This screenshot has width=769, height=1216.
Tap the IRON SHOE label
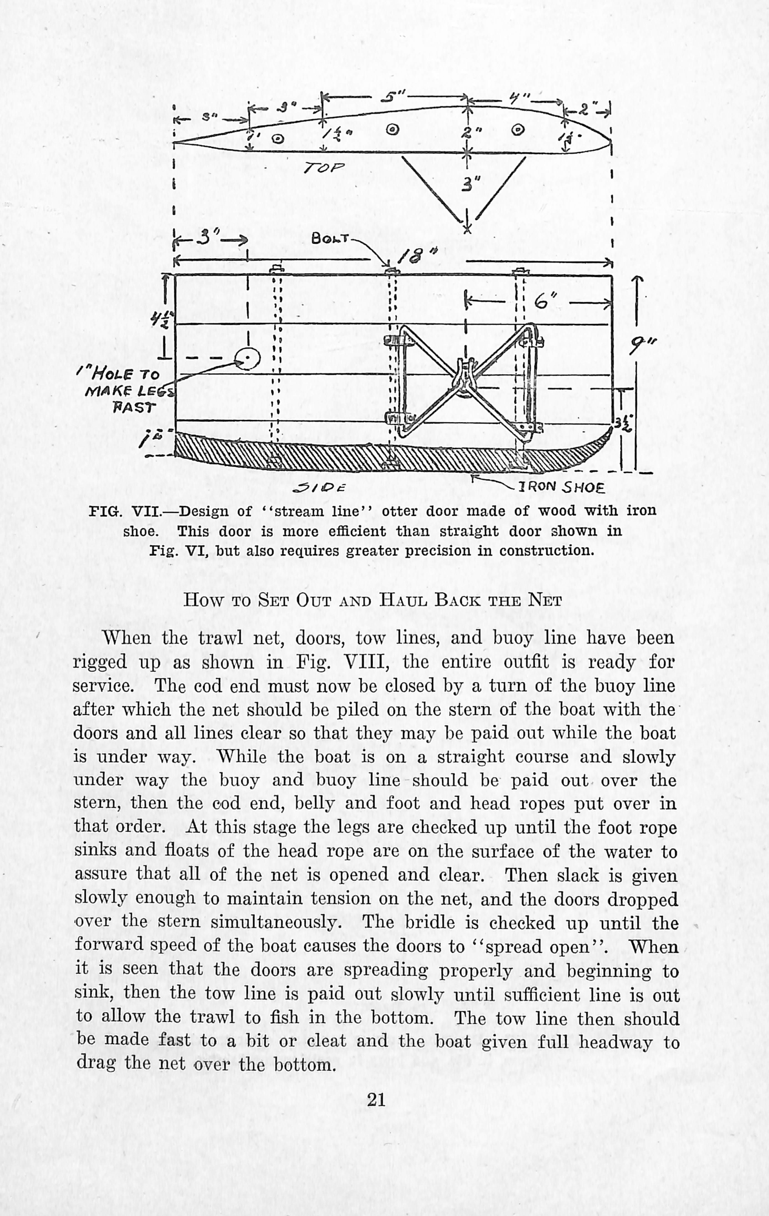561,487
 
